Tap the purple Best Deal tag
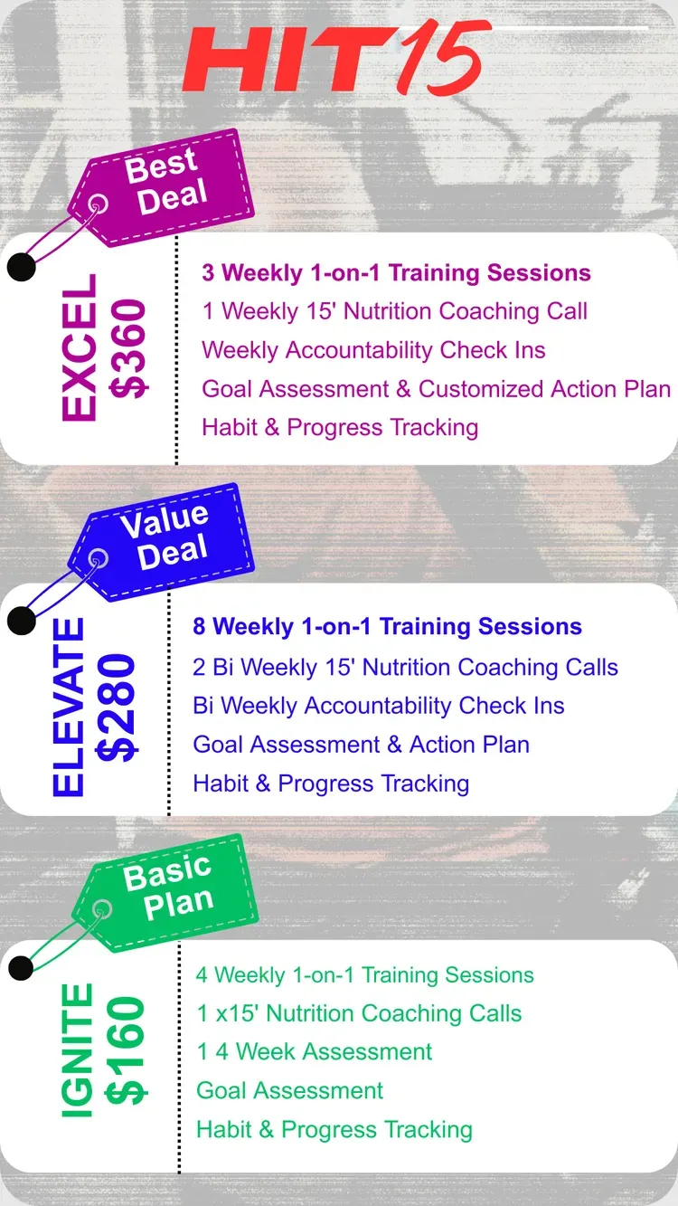(162, 188)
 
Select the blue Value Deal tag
(162, 542)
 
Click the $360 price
(128, 348)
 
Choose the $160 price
(126, 1050)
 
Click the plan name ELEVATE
(69, 707)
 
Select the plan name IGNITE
(78, 1050)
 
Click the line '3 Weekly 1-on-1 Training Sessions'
(397, 273)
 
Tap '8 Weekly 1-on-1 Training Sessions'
(388, 627)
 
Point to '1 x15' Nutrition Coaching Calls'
(359, 1013)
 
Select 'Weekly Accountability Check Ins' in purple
(373, 350)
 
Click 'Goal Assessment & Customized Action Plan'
(437, 389)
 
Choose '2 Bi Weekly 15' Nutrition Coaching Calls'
(405, 667)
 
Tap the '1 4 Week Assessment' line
(315, 1051)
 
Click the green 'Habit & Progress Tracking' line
(334, 1129)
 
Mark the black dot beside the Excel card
(22, 267)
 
